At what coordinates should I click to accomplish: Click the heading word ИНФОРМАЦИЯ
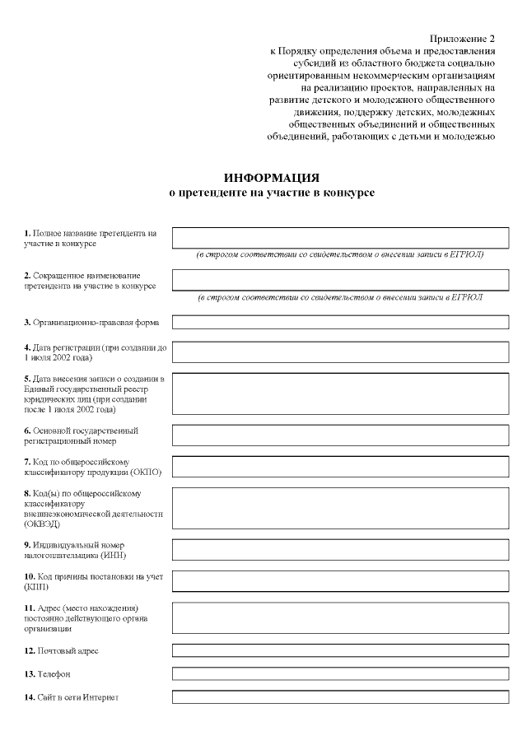[271, 178]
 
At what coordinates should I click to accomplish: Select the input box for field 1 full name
[340, 238]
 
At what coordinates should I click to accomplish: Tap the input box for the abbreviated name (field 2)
[340, 280]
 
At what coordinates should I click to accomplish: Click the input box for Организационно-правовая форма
[340, 322]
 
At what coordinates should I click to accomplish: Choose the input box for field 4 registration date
[340, 352]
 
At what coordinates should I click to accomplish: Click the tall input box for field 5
[340, 393]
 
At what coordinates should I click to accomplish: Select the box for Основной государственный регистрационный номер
[340, 435]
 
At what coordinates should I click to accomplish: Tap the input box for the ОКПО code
[340, 466]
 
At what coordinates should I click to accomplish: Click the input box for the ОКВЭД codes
[340, 507]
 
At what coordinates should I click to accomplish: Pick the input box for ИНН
[340, 549]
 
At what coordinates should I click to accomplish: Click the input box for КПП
[340, 581]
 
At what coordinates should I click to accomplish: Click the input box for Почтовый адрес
[340, 650]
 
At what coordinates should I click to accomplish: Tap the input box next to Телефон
[340, 674]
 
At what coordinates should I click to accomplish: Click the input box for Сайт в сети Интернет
[340, 697]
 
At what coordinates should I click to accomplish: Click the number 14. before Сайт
[30, 697]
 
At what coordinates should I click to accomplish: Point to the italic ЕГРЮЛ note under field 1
[340, 254]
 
